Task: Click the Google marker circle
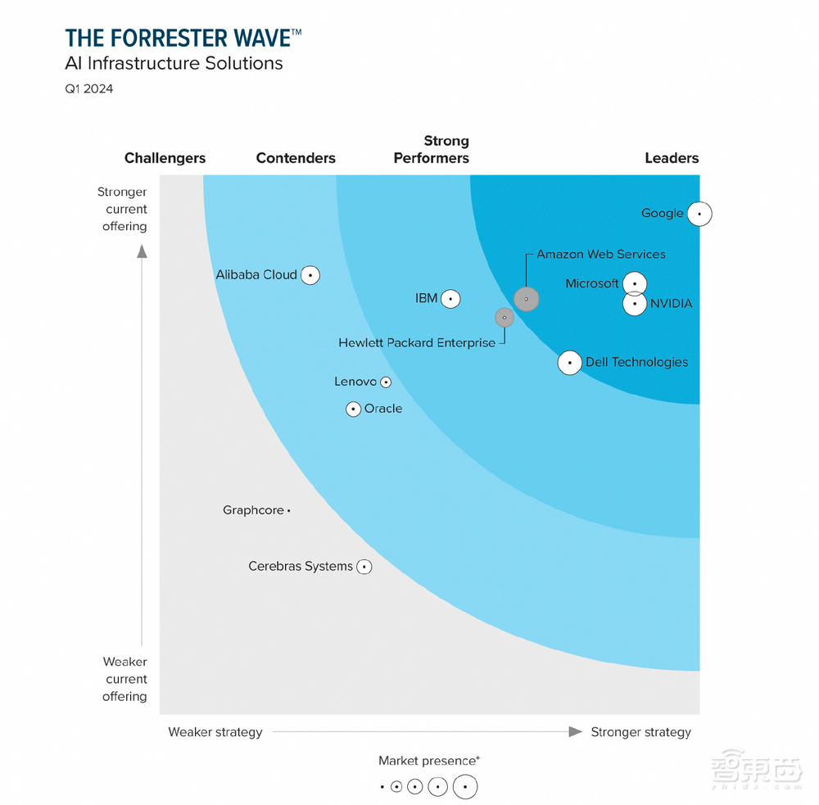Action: [699, 214]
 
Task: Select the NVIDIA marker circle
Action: [635, 304]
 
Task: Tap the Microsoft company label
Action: [592, 283]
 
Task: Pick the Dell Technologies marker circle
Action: [570, 363]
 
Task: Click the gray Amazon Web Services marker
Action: [527, 299]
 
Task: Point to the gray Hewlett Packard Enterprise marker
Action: [505, 318]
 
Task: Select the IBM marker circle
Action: [450, 299]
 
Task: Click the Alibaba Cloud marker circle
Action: [310, 275]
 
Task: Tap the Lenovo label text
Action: [355, 382]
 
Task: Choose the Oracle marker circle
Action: [353, 409]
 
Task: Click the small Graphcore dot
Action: [289, 511]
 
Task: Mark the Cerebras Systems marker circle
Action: [364, 567]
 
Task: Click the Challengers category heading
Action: [165, 158]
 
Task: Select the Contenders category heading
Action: [296, 158]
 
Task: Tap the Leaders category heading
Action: [672, 158]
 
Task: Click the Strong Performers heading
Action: [432, 150]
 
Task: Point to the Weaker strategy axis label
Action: [215, 732]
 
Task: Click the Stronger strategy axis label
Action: [641, 732]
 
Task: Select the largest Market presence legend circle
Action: [465, 787]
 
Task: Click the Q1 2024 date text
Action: [89, 88]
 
